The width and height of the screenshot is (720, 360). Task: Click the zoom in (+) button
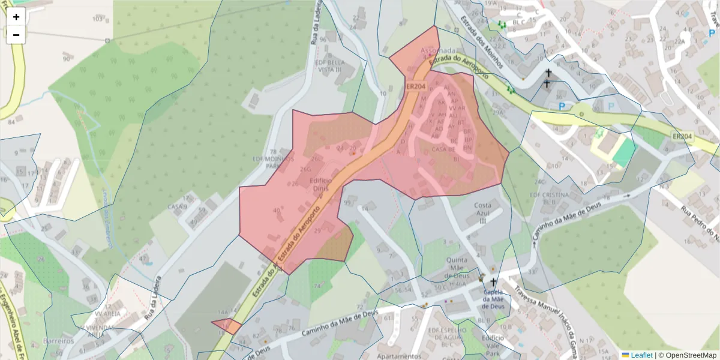click(16, 17)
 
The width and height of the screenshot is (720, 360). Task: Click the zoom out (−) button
click(16, 35)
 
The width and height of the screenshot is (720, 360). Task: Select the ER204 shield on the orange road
click(415, 86)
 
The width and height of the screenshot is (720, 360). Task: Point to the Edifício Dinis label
click(322, 184)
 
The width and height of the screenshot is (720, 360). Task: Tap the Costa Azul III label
click(482, 213)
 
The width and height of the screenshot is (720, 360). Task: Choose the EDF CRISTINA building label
click(549, 199)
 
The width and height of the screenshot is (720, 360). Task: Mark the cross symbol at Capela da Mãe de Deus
click(494, 282)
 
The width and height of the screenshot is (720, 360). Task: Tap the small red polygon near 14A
click(227, 326)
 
